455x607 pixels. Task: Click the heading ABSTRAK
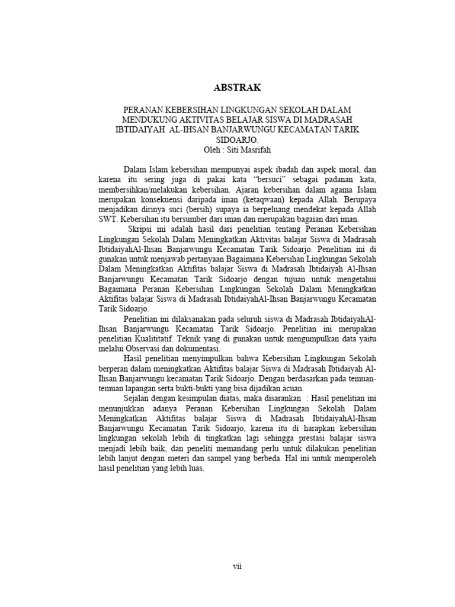pos(236,88)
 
